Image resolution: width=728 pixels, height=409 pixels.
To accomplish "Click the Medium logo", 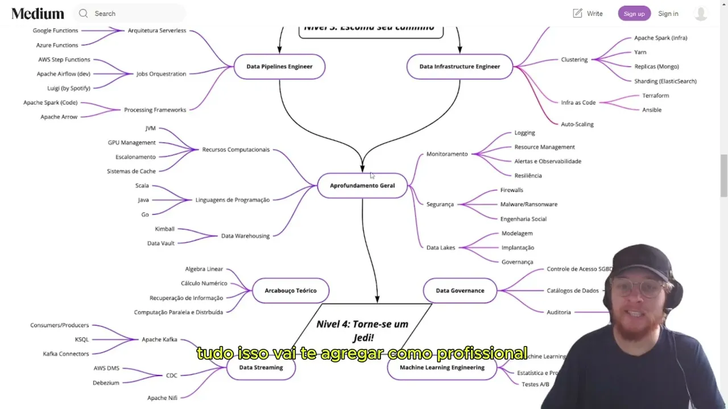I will click(x=38, y=14).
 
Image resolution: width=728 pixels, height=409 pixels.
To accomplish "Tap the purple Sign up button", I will click(x=634, y=14).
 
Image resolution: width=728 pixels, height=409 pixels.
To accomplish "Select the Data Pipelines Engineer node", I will click(x=279, y=66).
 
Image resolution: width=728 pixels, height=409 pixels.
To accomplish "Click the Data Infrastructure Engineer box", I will click(x=460, y=66).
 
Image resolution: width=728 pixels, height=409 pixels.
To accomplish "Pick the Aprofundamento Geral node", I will click(x=362, y=186).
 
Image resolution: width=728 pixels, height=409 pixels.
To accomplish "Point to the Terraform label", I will click(x=655, y=95).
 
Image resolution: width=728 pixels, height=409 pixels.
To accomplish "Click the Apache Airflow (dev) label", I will click(x=64, y=74).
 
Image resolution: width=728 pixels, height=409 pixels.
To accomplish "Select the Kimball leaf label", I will click(x=165, y=229).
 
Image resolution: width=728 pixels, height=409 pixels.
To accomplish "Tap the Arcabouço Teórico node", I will click(x=290, y=291).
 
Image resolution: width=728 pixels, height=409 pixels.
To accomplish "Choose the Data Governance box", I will click(x=460, y=291).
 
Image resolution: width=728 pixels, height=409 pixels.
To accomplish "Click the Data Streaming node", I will click(x=261, y=368).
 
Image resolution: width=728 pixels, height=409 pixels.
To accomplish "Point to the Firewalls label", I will click(x=511, y=190).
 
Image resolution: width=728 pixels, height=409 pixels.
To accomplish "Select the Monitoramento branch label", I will click(x=447, y=154).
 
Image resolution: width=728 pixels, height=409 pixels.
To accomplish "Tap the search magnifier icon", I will click(x=84, y=14).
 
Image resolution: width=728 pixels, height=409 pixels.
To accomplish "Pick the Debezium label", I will click(x=106, y=383).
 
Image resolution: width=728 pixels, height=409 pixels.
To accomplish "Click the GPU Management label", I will click(x=131, y=143).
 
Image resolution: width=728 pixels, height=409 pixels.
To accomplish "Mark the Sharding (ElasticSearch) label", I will click(x=665, y=81).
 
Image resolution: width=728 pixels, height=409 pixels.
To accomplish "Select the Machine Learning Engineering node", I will click(x=442, y=368).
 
